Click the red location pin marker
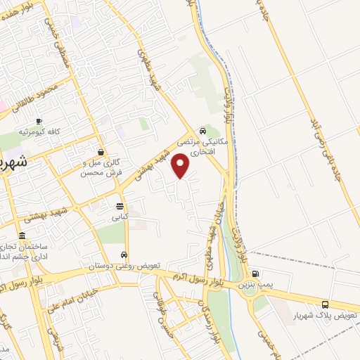click(x=182, y=167)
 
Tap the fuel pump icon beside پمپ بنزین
click(x=255, y=274)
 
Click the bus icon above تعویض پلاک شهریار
click(x=325, y=304)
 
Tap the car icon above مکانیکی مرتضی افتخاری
click(x=202, y=131)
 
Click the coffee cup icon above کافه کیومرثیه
click(x=39, y=122)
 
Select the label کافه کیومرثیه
click(x=39, y=132)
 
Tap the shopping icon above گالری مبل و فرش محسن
click(x=102, y=152)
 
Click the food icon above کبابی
click(x=120, y=207)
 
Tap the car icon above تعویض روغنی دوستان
click(x=124, y=255)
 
